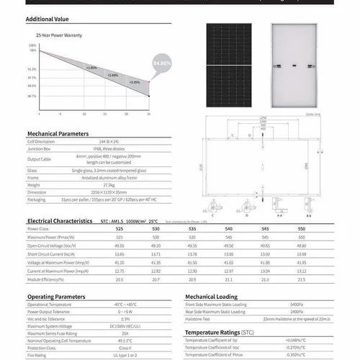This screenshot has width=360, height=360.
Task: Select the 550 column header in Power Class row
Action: tap(320, 229)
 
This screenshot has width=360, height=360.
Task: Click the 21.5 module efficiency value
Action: tap(320, 279)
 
